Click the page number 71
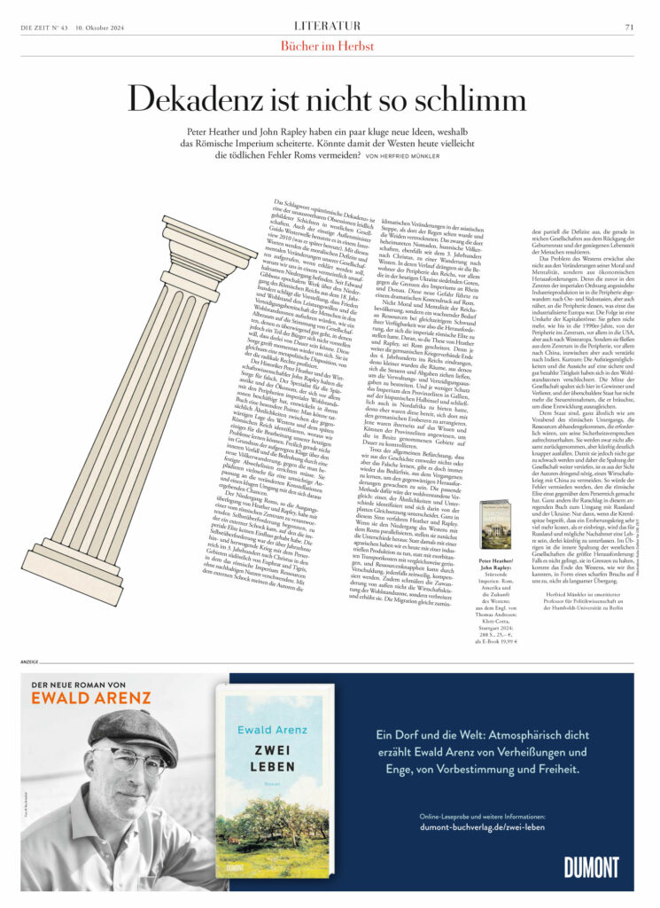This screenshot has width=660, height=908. pos(629,27)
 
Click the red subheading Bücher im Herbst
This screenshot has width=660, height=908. pos(329,45)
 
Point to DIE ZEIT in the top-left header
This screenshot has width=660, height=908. pos(39,27)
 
